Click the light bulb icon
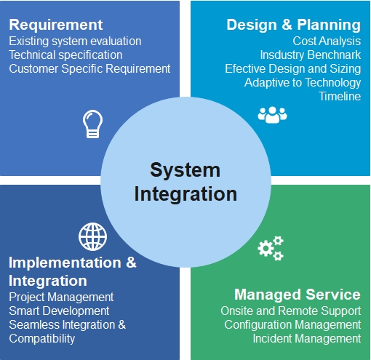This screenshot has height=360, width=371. pos(92,124)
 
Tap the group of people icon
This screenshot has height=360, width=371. pos(272,115)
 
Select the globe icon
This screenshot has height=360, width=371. pos(92,236)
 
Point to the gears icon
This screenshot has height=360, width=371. pos(271,248)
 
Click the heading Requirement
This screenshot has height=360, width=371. pos(56,25)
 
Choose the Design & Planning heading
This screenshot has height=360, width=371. pos(294,25)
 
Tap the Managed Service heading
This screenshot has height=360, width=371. pos(298,295)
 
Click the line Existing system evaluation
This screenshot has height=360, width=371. pos(75,41)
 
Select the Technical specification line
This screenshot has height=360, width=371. pos(65,55)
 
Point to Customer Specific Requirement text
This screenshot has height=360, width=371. pos(89,69)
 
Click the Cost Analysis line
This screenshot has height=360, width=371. pos(327,41)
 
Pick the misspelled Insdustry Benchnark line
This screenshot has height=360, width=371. pos(311,55)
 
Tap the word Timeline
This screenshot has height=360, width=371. pos(340,96)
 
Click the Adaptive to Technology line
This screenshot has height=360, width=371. pos(303,83)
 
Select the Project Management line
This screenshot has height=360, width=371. pos(61,297)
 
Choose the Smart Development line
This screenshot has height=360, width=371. pos(59,311)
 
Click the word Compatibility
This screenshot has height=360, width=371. pos(42,339)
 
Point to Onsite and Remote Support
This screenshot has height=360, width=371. pos(291,311)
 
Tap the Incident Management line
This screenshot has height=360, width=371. pos(307,339)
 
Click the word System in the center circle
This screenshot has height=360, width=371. pos(185,171)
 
